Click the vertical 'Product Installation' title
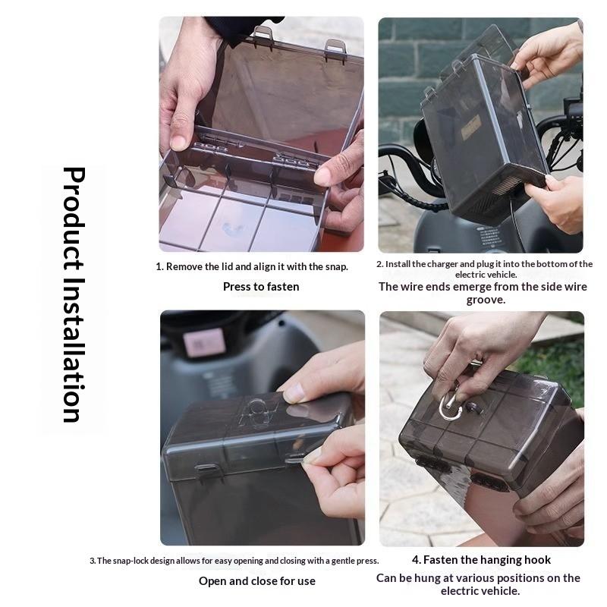tap(74, 294)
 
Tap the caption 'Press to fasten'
tap(261, 287)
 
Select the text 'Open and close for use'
tap(257, 581)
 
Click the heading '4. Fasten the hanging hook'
tap(481, 560)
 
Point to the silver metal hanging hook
tap(450, 406)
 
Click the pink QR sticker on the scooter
tap(204, 343)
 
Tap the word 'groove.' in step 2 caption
tap(486, 300)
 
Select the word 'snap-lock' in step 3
tap(130, 561)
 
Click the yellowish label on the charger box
tap(471, 127)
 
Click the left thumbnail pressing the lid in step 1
tap(178, 143)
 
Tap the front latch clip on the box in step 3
tap(208, 471)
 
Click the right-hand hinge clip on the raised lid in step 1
tap(335, 47)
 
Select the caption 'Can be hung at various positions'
tap(478, 578)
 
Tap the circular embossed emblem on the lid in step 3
tap(257, 409)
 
